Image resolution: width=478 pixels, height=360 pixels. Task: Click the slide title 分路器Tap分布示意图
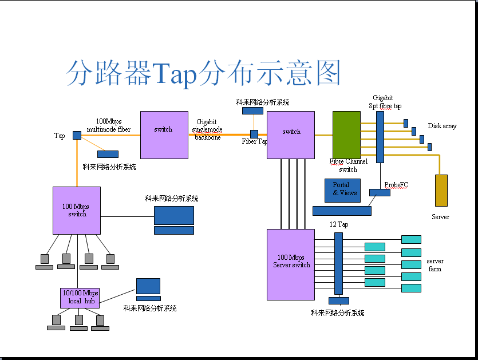click(x=203, y=73)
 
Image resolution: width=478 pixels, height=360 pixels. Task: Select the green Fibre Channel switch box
click(x=346, y=135)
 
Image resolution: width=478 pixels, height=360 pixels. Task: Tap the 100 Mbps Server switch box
click(x=291, y=264)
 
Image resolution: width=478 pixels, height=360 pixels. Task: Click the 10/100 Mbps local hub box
click(x=80, y=298)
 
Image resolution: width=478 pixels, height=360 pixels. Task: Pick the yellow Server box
click(x=441, y=190)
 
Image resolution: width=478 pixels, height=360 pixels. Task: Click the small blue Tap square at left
click(x=77, y=135)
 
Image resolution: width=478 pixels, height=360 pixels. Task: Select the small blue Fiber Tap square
click(x=254, y=134)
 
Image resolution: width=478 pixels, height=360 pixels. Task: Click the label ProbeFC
click(x=396, y=184)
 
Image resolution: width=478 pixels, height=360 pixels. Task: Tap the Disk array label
click(x=442, y=126)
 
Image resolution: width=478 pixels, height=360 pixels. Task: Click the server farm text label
click(x=434, y=265)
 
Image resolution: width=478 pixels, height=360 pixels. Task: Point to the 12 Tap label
click(x=339, y=224)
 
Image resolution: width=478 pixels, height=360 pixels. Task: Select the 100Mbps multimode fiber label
click(x=108, y=125)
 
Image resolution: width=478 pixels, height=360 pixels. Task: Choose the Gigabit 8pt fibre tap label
click(x=385, y=102)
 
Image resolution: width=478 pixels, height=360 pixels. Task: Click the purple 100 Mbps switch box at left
click(x=77, y=210)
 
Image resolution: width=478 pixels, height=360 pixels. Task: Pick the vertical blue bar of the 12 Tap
click(x=338, y=263)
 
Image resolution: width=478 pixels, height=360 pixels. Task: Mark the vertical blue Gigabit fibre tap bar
click(x=380, y=137)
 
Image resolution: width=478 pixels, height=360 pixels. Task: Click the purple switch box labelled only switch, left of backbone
click(x=164, y=134)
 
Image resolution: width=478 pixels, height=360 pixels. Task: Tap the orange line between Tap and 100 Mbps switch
click(x=77, y=163)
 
